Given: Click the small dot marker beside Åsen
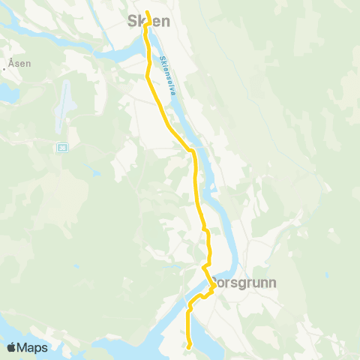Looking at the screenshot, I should tap(4, 68).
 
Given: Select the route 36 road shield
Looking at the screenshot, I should tap(61, 147).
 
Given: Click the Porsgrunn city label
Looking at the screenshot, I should tap(243, 283).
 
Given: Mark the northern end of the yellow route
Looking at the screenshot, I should tap(147, 12).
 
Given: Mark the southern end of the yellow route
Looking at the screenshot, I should tap(190, 346).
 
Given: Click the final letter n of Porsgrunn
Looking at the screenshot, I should tap(273, 283).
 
